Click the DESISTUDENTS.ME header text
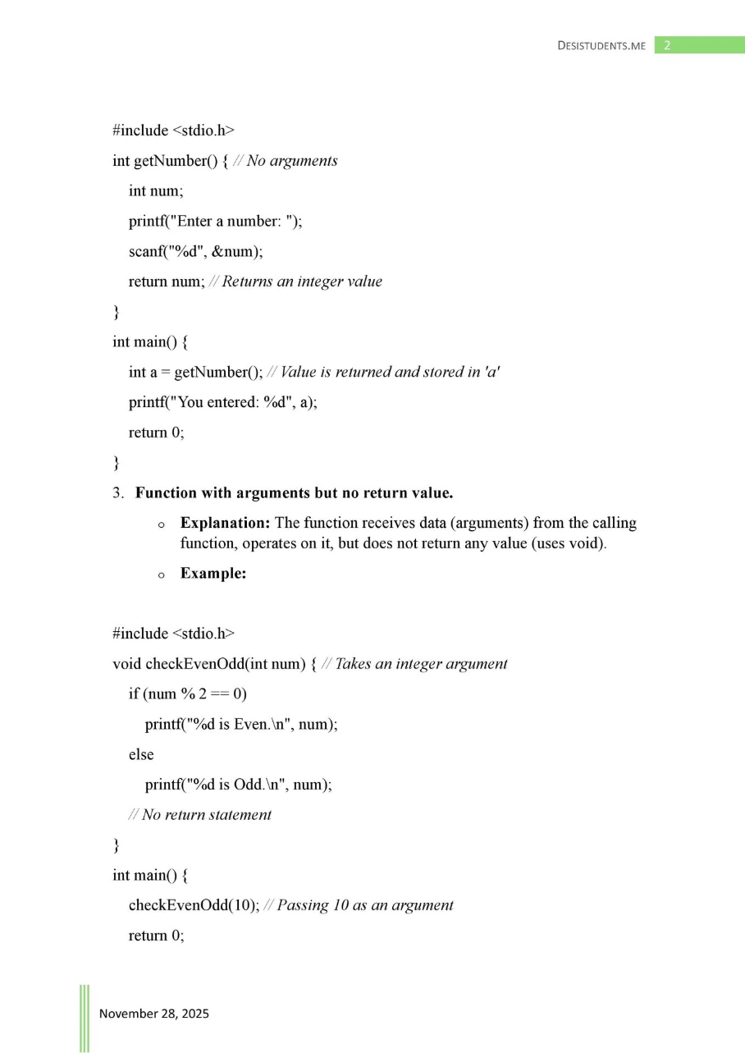click(x=601, y=45)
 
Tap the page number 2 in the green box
click(x=667, y=45)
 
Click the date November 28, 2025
click(x=154, y=1014)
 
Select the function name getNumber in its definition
click(x=173, y=161)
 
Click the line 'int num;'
click(x=156, y=191)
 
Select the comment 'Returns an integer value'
click(x=302, y=282)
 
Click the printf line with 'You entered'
click(x=222, y=402)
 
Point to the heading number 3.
click(x=118, y=493)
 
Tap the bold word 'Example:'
click(x=213, y=574)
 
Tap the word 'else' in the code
click(x=141, y=754)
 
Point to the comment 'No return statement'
click(x=206, y=814)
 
